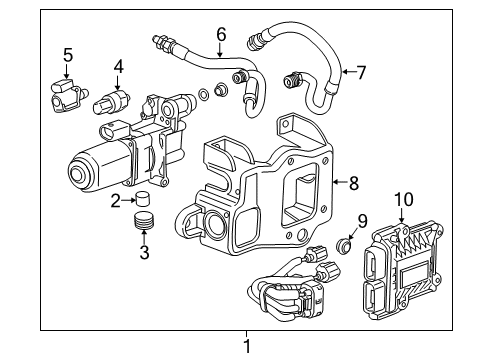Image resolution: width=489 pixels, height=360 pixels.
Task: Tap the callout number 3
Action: [143, 252]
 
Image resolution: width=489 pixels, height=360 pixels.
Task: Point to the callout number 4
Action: [118, 69]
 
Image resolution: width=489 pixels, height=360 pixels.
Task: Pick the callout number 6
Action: [222, 34]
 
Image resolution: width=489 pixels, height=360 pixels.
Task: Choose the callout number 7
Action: [361, 71]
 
